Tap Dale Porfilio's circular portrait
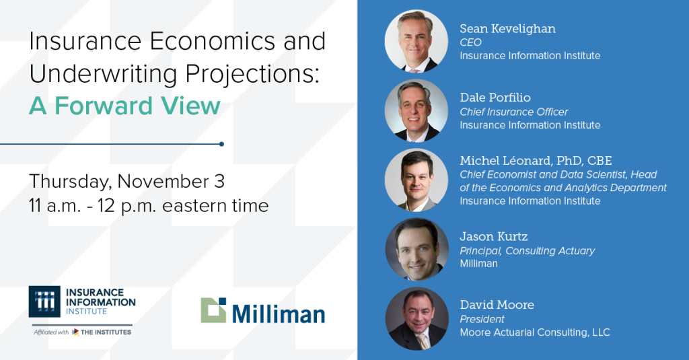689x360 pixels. point(416,111)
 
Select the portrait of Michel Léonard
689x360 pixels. point(416,180)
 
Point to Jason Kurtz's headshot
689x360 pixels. point(416,250)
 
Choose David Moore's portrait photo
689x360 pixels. point(416,319)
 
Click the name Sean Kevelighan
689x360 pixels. point(507,28)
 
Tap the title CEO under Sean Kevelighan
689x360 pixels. point(470,42)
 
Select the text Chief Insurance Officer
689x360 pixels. point(513,112)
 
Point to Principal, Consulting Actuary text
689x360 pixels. point(527,250)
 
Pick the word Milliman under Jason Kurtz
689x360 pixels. point(478,264)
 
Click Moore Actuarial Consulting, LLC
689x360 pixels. point(535,332)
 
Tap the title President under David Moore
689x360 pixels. point(482,319)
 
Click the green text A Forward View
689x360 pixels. point(125,106)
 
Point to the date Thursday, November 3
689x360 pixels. point(126,181)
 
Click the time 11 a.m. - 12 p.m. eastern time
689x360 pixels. point(149,205)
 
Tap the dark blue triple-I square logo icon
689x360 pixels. point(44,301)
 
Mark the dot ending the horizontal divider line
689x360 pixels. point(221,143)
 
